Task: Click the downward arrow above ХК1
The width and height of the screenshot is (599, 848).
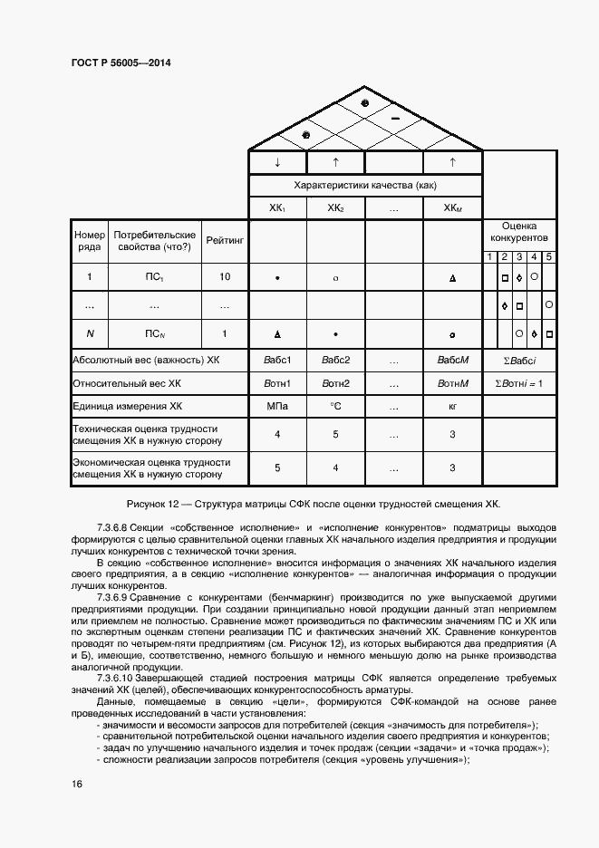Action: pos(277,162)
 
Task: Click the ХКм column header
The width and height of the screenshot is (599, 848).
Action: pos(452,207)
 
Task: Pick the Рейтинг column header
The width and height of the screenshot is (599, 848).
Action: pos(224,241)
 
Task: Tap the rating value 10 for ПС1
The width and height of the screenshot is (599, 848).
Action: pos(224,277)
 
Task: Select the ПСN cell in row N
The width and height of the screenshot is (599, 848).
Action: pos(154,333)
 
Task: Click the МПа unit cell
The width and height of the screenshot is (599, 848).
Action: pos(277,407)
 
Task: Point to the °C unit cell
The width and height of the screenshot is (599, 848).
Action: pos(334,407)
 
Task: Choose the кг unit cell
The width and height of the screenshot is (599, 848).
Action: pos(452,407)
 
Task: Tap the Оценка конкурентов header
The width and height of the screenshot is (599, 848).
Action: pos(519,232)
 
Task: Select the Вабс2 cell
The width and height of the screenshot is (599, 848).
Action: pos(334,360)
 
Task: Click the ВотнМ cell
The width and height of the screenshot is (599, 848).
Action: pos(452,383)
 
